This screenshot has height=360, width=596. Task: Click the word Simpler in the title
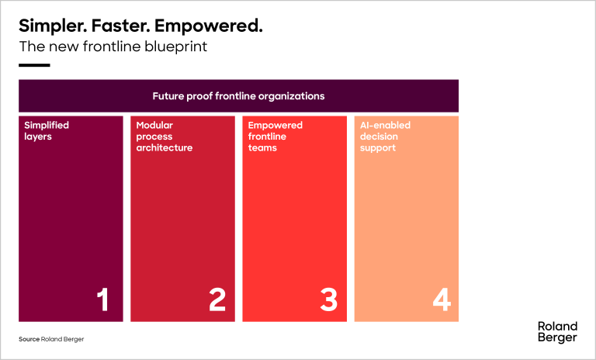53,26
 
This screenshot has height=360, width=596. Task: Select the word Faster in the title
120,26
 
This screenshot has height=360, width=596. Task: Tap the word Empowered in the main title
209,26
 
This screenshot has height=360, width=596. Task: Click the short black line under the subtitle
34,65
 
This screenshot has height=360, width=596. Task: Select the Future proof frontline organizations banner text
238,95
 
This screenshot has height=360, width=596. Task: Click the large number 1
102,299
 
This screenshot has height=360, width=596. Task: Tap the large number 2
217,299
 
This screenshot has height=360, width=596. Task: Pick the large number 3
329,299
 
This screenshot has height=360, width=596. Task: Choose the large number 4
442,299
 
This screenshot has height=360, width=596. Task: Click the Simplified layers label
47,131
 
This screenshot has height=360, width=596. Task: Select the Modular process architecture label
165,136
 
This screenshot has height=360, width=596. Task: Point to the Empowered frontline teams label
275,136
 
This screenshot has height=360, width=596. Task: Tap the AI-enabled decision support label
385,136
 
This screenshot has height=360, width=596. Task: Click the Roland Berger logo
557,332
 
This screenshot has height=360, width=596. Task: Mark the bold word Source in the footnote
29,339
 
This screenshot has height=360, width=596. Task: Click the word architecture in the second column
165,147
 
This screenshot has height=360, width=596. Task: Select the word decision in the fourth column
379,136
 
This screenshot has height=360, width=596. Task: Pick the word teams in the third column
262,147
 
